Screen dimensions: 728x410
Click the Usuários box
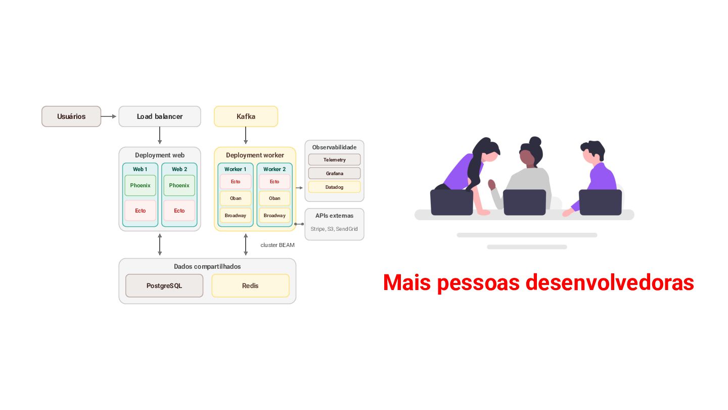point(71,116)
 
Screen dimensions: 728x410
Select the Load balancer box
point(160,116)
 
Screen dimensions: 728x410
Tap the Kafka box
point(246,116)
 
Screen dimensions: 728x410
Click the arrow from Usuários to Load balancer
point(109,116)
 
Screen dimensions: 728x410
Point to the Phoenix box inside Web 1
point(140,185)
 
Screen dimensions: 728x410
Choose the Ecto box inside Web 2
point(179,211)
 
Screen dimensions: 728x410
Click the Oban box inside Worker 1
point(236,198)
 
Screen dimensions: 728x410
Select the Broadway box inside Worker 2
point(275,216)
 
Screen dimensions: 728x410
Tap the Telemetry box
point(335,160)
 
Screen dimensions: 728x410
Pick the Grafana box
point(335,174)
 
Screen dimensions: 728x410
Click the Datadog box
point(335,187)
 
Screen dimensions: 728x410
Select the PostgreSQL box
point(164,285)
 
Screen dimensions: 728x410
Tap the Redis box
point(250,285)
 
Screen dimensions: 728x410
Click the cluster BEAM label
point(278,245)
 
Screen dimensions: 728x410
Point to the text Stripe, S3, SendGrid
point(334,229)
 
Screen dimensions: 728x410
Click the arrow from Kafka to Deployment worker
point(246,135)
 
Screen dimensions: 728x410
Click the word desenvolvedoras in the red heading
point(610,282)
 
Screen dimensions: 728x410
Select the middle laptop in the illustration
point(525,202)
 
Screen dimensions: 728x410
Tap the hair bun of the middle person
point(535,141)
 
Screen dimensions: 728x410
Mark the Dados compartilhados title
point(207,266)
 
